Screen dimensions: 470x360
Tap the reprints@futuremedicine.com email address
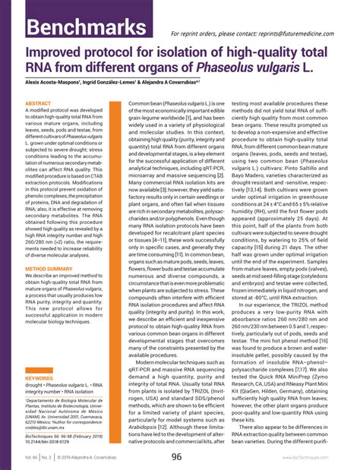300,34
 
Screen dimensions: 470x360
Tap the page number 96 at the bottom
176,457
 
